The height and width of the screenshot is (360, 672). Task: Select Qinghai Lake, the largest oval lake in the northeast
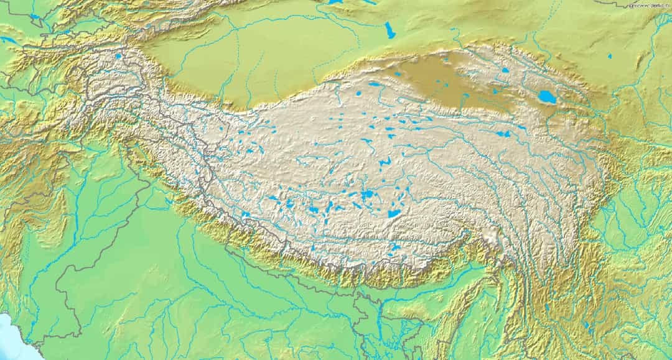548,96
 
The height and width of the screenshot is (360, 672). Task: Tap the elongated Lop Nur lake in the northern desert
390,30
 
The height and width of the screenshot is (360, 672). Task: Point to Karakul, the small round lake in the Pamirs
118,56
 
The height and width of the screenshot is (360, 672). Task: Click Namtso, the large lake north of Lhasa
394,213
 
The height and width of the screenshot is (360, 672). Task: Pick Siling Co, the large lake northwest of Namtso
368,195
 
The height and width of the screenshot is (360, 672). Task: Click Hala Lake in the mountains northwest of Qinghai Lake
505,70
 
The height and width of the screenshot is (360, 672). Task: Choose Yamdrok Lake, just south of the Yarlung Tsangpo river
396,248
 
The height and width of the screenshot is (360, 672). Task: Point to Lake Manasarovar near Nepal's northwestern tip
246,215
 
